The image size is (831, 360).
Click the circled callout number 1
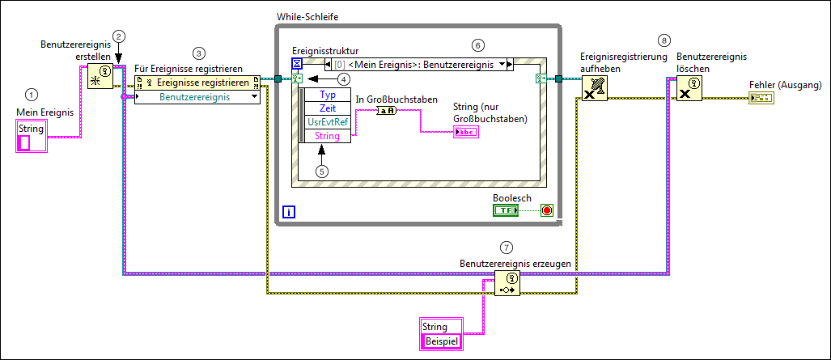click(32, 95)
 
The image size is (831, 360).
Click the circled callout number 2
click(119, 36)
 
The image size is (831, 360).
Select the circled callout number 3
click(199, 53)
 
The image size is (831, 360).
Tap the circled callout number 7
click(507, 247)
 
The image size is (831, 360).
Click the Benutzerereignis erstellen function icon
click(100, 75)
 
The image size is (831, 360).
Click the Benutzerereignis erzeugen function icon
click(507, 284)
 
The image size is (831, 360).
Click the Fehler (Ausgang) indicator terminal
click(761, 98)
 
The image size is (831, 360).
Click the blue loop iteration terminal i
click(289, 213)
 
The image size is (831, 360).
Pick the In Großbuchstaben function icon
click(386, 111)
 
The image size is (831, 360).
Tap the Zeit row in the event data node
click(328, 108)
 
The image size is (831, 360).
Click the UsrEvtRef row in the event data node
click(328, 121)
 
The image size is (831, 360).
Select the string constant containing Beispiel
click(442, 341)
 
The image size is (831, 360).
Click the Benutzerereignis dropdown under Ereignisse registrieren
click(197, 96)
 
